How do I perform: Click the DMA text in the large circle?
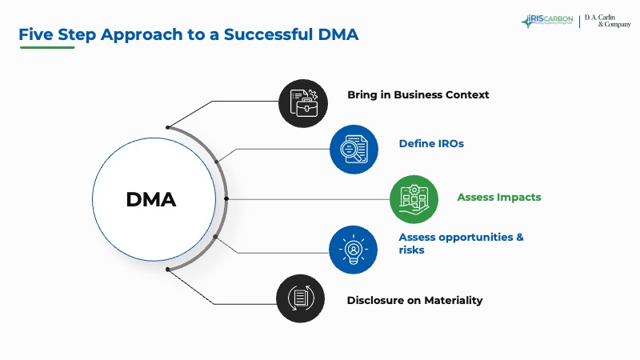click(150, 199)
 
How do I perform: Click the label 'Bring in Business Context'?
click(418, 95)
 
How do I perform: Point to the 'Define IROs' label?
click(431, 144)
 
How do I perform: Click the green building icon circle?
click(414, 198)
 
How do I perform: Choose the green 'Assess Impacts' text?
click(498, 197)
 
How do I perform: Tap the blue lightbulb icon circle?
click(353, 250)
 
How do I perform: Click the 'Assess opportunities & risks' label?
click(461, 243)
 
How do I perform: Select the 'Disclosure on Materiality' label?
click(414, 301)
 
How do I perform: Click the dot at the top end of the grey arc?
click(168, 126)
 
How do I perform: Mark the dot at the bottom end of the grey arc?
click(168, 270)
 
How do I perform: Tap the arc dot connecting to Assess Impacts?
click(227, 198)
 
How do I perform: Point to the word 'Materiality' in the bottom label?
click(452, 301)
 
